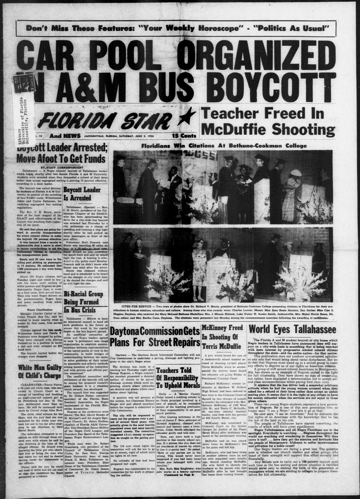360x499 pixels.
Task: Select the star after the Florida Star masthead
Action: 189,116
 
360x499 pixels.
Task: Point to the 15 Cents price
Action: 184,136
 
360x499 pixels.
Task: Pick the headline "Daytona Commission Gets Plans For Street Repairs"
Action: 155,337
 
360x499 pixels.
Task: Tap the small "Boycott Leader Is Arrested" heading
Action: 77,193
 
